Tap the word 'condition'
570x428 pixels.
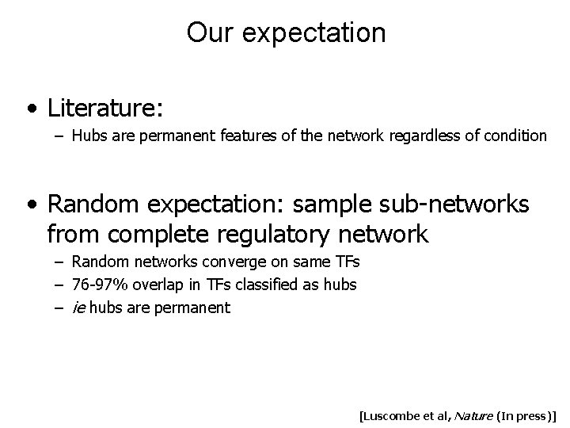point(515,136)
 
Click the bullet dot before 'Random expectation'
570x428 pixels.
point(31,204)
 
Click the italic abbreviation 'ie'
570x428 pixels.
point(78,307)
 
